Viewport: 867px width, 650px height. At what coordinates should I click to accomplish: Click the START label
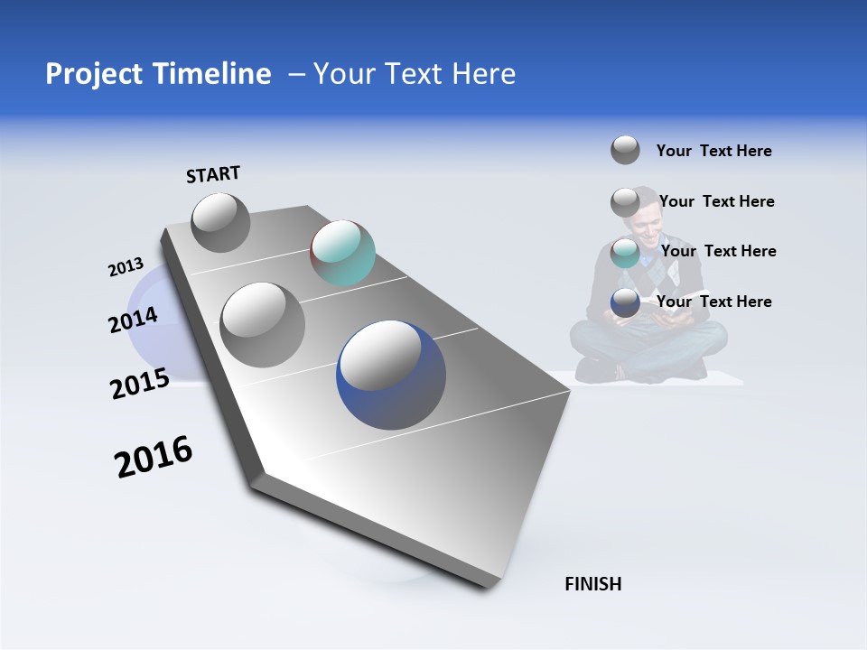point(213,174)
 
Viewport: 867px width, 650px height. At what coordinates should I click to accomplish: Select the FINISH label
point(593,584)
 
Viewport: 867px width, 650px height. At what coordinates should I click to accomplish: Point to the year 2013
point(126,267)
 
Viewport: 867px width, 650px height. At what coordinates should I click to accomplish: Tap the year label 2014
point(133,320)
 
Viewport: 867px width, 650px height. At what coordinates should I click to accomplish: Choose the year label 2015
point(140,383)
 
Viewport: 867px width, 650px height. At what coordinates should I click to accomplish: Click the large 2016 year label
point(154,457)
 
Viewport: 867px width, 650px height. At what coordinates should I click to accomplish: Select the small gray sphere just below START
point(220,222)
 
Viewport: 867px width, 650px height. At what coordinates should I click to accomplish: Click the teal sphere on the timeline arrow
point(342,253)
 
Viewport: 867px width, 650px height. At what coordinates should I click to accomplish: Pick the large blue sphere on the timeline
point(391,375)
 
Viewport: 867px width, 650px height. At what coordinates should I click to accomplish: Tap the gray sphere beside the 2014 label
point(263,324)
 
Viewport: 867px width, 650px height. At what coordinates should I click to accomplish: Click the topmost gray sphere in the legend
point(625,150)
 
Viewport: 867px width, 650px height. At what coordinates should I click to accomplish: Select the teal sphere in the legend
point(625,252)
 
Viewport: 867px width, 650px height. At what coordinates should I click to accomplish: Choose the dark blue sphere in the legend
point(625,302)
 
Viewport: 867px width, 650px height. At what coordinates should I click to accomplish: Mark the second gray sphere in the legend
point(625,202)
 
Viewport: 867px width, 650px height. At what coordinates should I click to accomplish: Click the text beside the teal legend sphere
point(718,251)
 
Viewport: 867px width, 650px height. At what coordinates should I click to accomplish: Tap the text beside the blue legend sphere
point(713,302)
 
